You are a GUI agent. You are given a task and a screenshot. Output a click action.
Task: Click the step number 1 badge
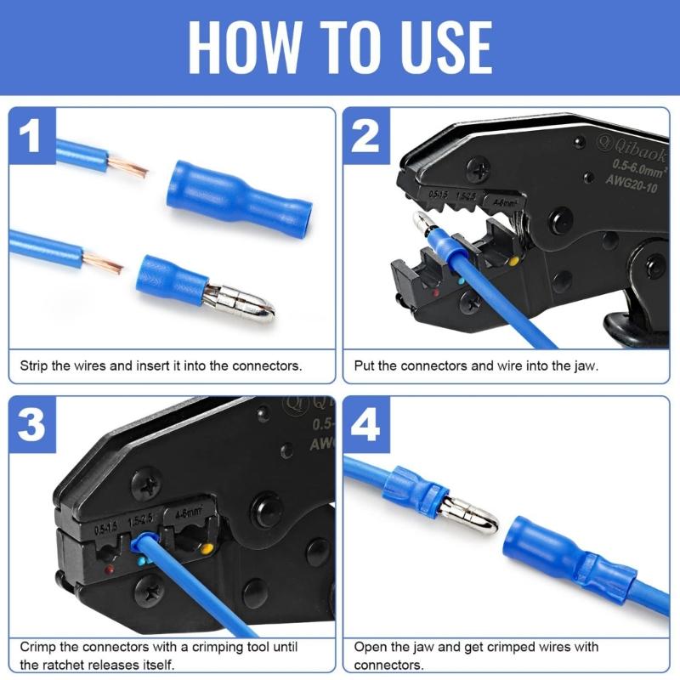coord(32,135)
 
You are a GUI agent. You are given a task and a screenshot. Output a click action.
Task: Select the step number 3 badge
coord(32,425)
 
